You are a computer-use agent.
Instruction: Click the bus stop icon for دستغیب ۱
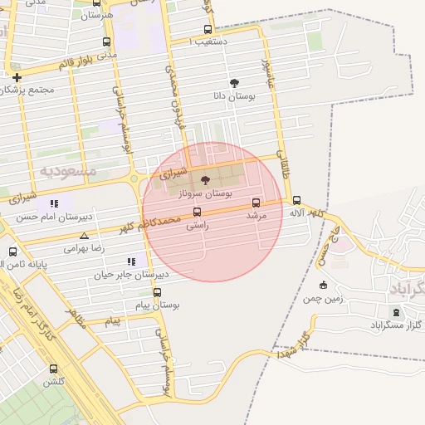(208, 30)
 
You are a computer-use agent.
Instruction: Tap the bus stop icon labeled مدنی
(105, 42)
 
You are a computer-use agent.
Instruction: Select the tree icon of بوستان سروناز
(205, 180)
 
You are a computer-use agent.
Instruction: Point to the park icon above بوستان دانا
(234, 83)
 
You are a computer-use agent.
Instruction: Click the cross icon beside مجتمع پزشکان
(17, 77)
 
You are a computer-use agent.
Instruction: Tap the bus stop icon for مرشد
(256, 203)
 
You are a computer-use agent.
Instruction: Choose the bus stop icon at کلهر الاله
(296, 200)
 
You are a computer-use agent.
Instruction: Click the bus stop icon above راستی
(197, 212)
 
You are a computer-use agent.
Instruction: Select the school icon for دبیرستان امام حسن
(54, 203)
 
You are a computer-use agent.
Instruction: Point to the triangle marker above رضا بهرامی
(84, 236)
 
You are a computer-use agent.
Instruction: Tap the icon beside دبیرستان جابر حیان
(131, 261)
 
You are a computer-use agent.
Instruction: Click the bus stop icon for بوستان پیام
(157, 292)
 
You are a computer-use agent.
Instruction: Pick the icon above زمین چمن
(323, 285)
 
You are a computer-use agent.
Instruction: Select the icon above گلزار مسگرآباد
(395, 312)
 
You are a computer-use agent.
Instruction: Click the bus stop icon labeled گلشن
(53, 369)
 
